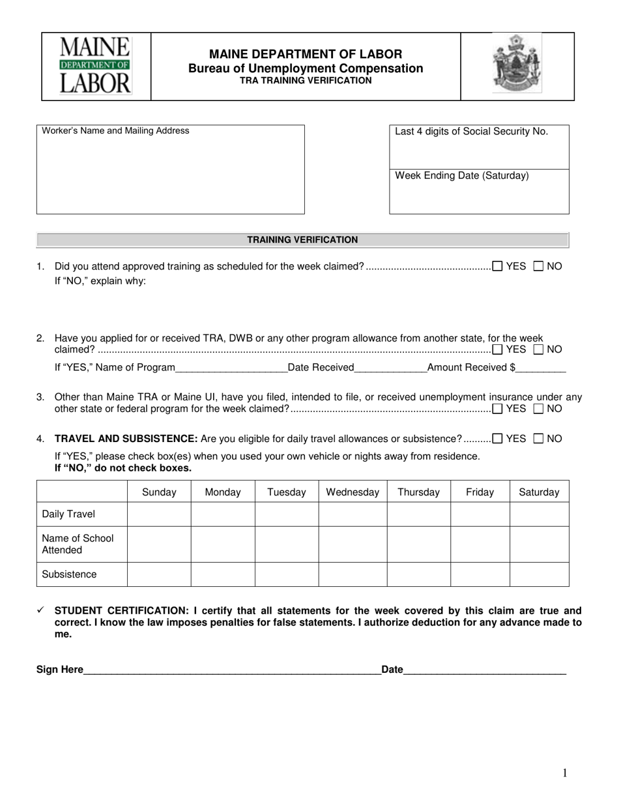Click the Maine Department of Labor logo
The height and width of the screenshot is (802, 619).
coord(96,66)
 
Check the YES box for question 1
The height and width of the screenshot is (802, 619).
coord(497,266)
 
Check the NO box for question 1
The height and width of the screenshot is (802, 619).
coord(538,266)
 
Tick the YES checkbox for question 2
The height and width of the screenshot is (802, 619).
coord(497,349)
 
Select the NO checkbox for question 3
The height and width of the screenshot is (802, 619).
coord(538,409)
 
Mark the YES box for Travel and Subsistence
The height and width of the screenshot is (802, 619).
coord(497,439)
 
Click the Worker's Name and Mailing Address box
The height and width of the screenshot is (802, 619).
coord(170,173)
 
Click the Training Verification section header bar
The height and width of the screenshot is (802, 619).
coord(302,240)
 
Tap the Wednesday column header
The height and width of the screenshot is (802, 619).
coord(352,492)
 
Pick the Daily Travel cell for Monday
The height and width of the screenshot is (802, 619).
coord(222,514)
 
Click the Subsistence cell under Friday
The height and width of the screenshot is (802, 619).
coord(480,574)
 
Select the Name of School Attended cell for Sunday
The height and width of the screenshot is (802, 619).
coord(159,544)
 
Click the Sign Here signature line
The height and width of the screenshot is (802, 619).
coord(231,669)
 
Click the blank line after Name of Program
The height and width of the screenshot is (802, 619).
coord(231,368)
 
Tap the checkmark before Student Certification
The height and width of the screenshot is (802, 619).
coord(40,610)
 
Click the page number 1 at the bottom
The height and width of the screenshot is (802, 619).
coord(564,773)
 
